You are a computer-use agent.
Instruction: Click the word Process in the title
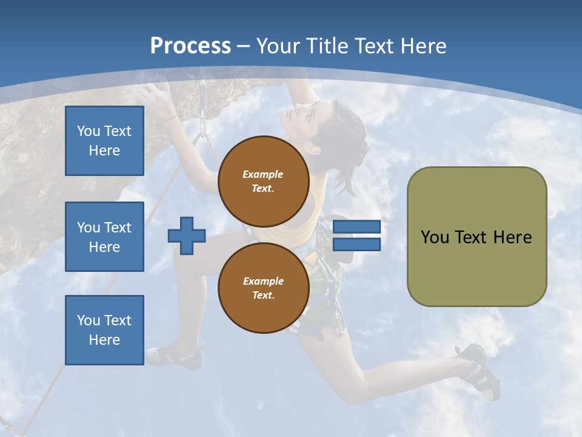tap(190, 46)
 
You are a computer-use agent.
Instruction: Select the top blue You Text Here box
tap(104, 141)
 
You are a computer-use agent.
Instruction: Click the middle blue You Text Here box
tap(104, 237)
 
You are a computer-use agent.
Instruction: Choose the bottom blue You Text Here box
tap(104, 330)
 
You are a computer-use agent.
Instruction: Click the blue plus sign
tap(187, 235)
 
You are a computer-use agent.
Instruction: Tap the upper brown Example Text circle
tap(263, 181)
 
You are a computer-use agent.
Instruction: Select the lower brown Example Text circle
tap(263, 288)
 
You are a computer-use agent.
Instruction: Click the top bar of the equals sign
tap(356, 226)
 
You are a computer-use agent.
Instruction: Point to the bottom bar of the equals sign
tap(356, 244)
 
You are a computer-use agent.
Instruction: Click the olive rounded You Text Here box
tap(477, 237)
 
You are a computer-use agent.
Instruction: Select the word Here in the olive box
tap(512, 237)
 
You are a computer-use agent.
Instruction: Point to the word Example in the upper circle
tap(263, 174)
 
